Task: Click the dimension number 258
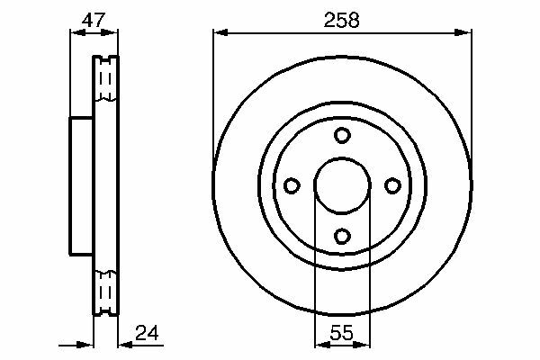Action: click(341, 20)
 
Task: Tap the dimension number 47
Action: click(93, 20)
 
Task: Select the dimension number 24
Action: click(147, 333)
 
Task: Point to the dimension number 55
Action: click(342, 333)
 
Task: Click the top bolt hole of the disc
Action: click(342, 135)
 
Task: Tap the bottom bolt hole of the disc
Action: click(342, 237)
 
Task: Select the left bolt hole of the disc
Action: click(292, 185)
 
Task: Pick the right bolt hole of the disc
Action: click(392, 185)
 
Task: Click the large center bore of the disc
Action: click(342, 185)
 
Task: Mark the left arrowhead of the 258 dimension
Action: click(220, 32)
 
